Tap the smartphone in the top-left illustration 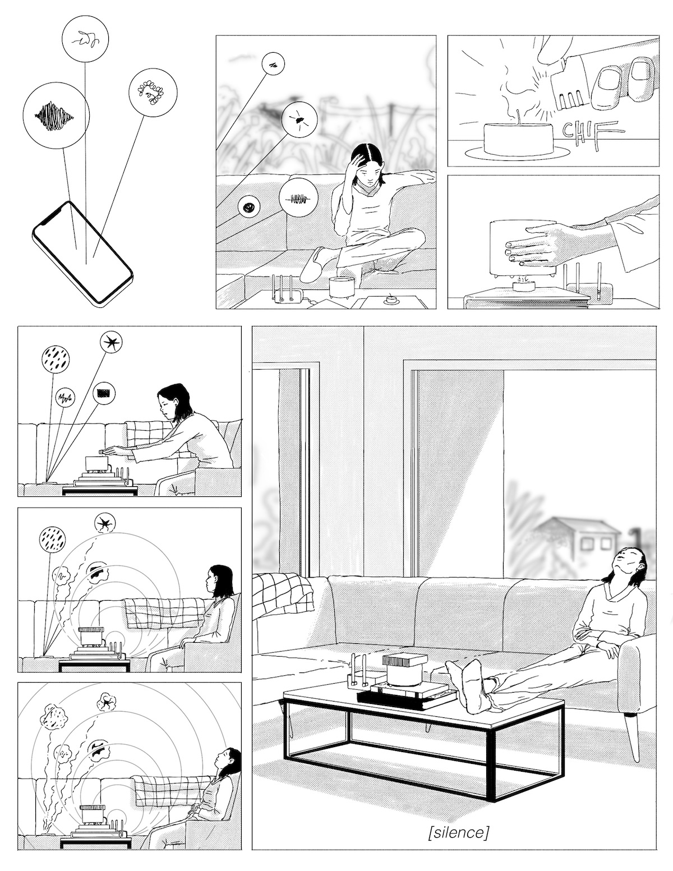(82, 254)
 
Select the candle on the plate (518, 136)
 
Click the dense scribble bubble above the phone (56, 116)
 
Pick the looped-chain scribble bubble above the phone (153, 92)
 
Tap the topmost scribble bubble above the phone (85, 38)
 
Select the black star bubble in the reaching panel (110, 343)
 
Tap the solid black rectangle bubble (104, 393)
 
